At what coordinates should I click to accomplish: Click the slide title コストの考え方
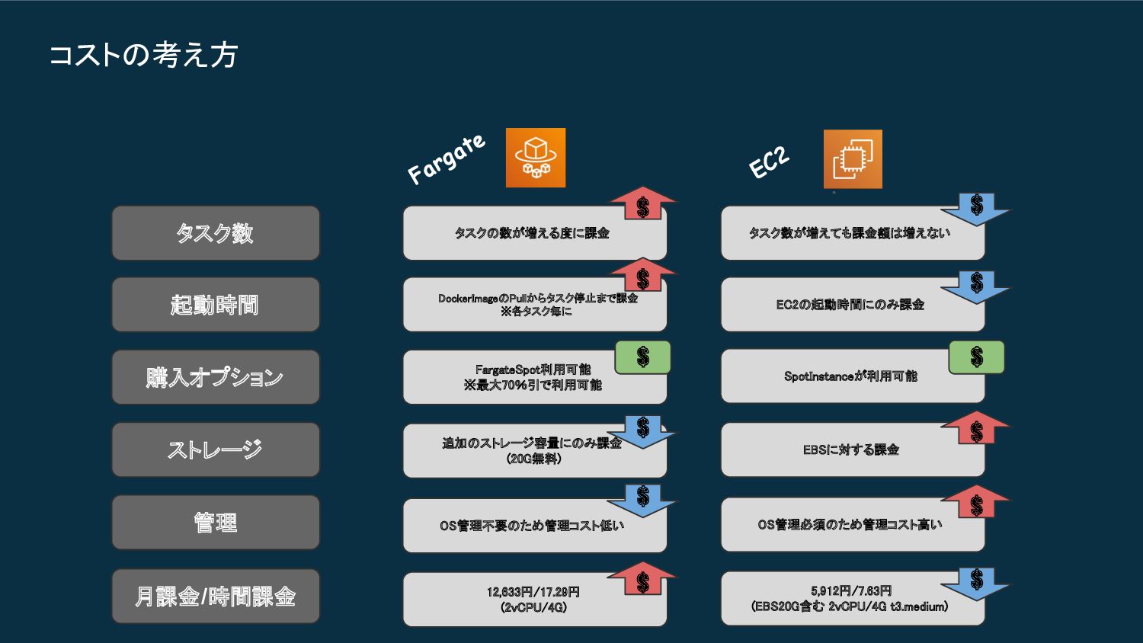[143, 55]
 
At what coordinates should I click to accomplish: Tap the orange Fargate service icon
[536, 158]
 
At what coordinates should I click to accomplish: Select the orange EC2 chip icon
[853, 159]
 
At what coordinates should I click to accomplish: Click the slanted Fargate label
[447, 158]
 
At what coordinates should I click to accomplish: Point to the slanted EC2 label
[769, 162]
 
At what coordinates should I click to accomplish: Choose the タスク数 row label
[216, 233]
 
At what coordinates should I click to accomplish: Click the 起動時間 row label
[216, 305]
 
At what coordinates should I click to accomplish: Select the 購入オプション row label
[216, 377]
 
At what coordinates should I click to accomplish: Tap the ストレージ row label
[216, 449]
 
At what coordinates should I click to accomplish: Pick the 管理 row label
[216, 523]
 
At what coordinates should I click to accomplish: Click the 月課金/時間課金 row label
[216, 596]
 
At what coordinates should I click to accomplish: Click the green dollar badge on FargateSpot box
[643, 357]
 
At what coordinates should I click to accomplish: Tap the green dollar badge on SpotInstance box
[976, 357]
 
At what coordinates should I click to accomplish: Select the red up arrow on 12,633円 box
[643, 580]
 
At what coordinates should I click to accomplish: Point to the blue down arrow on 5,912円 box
[976, 583]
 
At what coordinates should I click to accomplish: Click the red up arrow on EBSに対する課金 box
[976, 429]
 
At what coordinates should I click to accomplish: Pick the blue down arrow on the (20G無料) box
[643, 430]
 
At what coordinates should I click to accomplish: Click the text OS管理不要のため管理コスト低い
[532, 526]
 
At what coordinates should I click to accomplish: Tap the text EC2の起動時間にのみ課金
[850, 305]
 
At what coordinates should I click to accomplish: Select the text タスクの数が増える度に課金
[532, 233]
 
